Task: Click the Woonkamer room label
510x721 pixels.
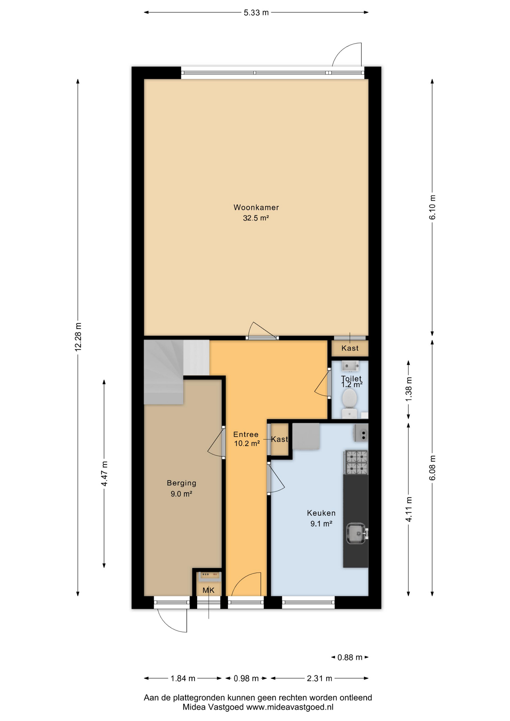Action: tap(256, 207)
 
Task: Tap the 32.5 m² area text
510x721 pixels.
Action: tap(256, 218)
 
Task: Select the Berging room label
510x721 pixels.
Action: tap(181, 483)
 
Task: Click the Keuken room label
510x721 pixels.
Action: tap(321, 513)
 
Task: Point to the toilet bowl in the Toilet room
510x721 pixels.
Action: tap(350, 398)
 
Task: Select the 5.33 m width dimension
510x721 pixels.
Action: tap(256, 12)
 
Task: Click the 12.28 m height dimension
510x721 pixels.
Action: tap(78, 337)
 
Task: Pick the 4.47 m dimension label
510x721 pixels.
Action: tap(104, 474)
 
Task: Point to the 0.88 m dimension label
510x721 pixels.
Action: tap(350, 657)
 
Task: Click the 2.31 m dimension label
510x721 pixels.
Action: tap(319, 678)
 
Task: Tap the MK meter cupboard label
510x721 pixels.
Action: tap(208, 590)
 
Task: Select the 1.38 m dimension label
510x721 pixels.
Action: tap(409, 389)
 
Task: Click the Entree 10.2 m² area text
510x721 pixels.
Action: tap(247, 443)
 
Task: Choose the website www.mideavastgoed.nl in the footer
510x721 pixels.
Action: tap(290, 707)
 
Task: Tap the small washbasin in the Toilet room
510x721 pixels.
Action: tap(350, 365)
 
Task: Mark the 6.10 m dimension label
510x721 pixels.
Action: tap(432, 207)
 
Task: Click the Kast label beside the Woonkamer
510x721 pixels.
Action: tap(350, 348)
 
